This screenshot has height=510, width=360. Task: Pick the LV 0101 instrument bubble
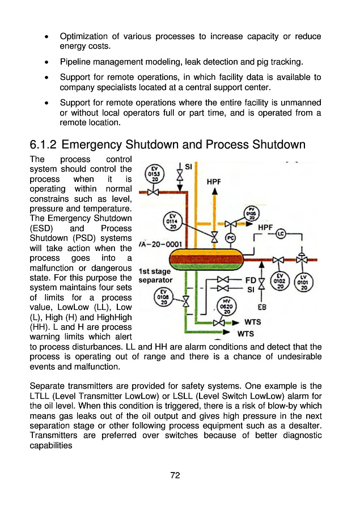click(x=304, y=282)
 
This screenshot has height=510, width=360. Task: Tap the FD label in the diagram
click(x=250, y=279)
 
